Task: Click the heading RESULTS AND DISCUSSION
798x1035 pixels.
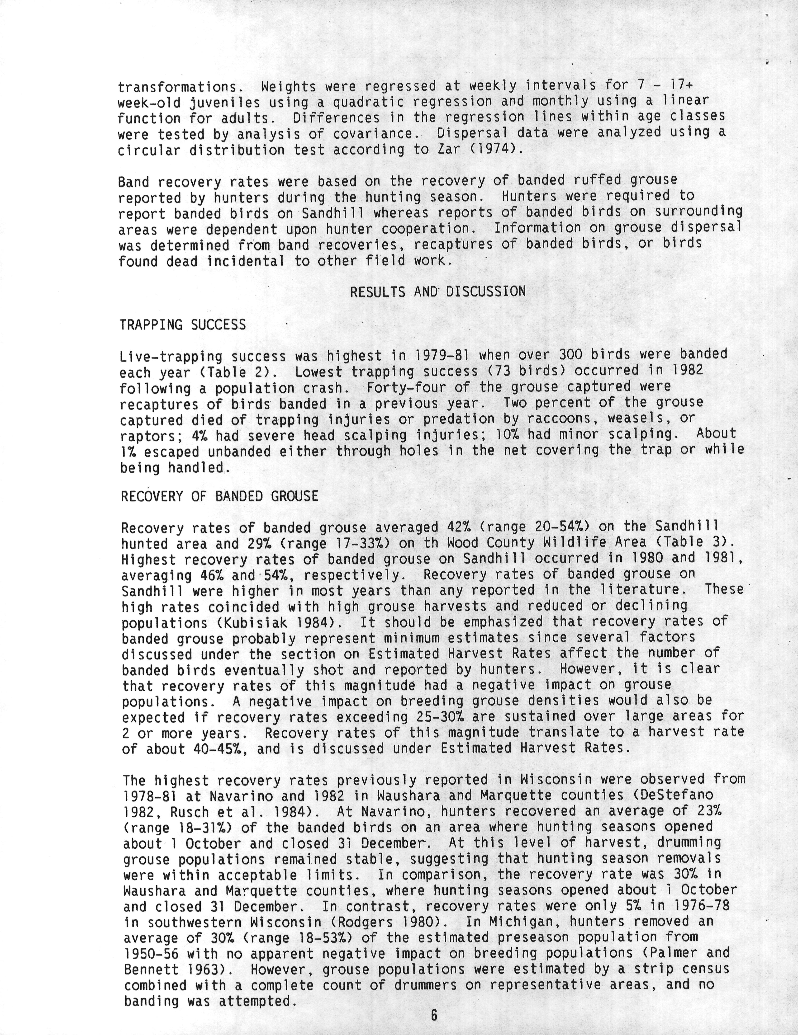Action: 438,292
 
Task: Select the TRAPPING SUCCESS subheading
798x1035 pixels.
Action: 183,325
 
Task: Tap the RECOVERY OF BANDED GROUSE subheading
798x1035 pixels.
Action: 219,496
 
